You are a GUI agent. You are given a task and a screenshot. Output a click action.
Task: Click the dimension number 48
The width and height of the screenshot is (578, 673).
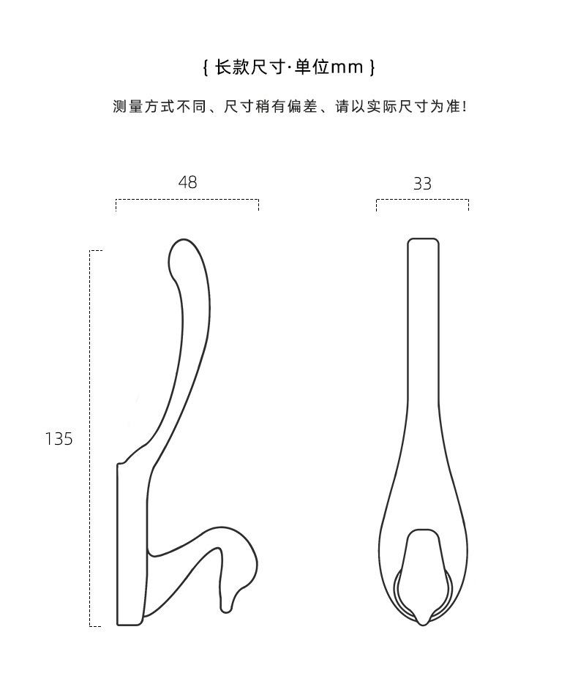187,182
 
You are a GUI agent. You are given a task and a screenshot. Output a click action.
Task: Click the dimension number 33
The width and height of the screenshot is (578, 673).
422,184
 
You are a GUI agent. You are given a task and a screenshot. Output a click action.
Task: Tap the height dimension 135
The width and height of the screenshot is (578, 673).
59,439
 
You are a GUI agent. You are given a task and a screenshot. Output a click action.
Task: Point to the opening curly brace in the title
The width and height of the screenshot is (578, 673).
206,68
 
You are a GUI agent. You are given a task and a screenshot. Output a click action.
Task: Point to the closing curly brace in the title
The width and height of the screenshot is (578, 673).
372,68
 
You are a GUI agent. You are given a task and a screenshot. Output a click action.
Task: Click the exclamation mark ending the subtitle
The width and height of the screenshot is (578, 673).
465,107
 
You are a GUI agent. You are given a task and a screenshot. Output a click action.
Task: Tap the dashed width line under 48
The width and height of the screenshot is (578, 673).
187,199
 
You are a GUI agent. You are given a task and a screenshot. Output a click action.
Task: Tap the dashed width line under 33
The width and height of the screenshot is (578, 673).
422,199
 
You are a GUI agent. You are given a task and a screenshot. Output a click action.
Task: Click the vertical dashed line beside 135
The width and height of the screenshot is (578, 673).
90,439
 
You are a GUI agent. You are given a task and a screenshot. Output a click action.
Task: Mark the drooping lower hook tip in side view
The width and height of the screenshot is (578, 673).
226,604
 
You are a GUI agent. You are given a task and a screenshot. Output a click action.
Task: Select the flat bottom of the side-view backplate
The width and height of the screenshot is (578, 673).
130,625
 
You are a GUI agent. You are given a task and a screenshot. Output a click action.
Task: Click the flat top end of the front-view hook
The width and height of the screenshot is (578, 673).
423,239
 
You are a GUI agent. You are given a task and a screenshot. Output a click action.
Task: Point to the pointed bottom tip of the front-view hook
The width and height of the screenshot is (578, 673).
422,622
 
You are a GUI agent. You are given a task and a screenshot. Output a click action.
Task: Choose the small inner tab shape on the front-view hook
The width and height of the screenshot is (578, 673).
422,563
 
